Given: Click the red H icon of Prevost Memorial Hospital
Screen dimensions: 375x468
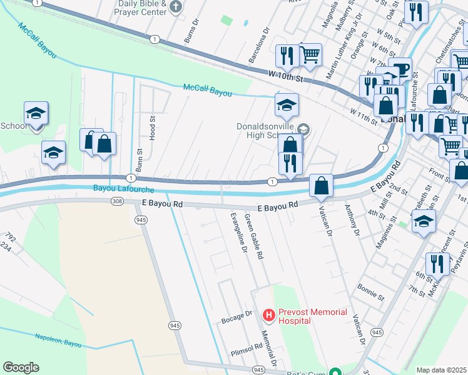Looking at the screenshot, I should click(268, 314).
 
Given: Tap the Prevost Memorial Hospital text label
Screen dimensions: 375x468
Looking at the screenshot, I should click(295, 316).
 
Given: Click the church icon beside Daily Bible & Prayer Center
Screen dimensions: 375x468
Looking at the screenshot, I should click(176, 7).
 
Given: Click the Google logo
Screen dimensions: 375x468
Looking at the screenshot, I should click(21, 367).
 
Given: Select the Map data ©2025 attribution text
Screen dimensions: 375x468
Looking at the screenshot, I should click(441, 370).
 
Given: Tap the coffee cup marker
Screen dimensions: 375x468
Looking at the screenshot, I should click(400, 69).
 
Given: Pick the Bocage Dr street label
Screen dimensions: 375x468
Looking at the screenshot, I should click(237, 320).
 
